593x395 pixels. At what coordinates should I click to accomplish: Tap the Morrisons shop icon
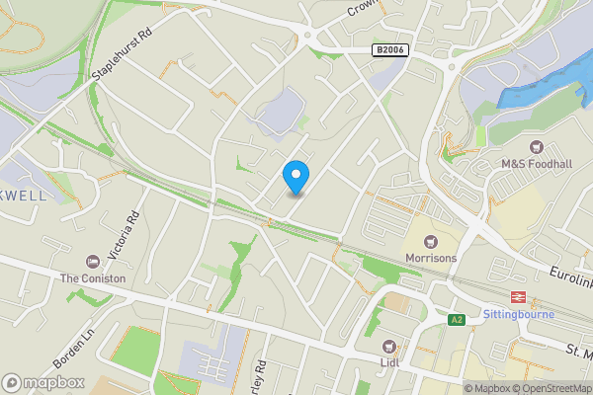click(430, 241)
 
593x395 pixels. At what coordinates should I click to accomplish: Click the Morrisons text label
click(430, 259)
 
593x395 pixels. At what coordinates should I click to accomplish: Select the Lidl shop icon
click(389, 347)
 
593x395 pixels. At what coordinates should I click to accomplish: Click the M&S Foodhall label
click(537, 164)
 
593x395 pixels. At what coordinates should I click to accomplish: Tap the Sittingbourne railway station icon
click(516, 297)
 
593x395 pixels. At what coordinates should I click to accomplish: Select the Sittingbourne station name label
click(518, 315)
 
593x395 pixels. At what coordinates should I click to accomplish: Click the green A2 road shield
click(457, 319)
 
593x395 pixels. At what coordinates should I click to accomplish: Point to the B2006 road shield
click(389, 49)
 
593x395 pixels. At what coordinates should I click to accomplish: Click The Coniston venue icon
click(93, 262)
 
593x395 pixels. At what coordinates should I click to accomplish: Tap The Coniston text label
click(93, 278)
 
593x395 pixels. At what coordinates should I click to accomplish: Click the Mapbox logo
click(42, 382)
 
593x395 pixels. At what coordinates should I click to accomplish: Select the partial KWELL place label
click(24, 196)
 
